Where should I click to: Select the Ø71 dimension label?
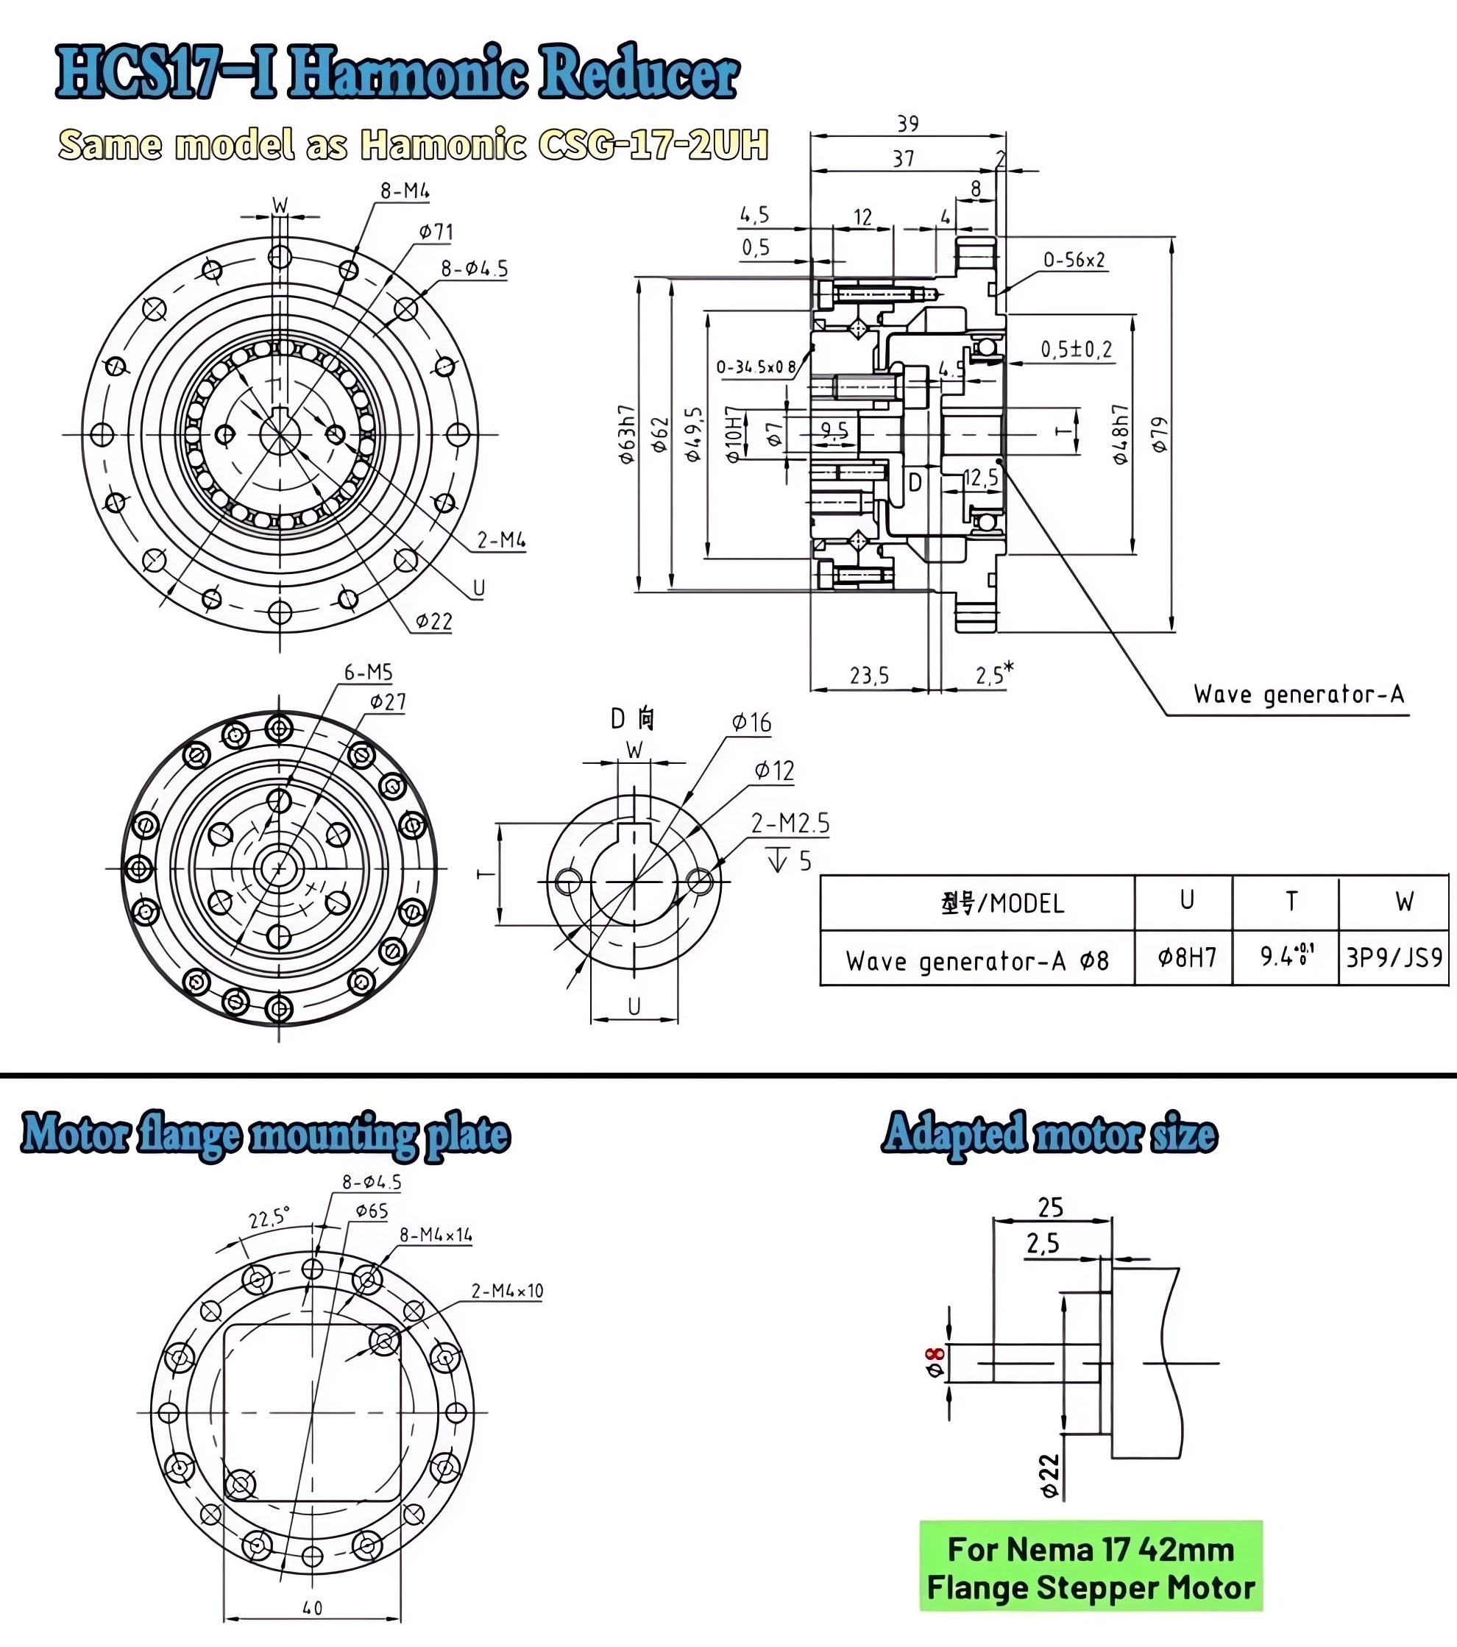point(436,233)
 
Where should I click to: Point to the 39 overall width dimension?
point(908,124)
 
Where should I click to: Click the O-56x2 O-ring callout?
point(1074,261)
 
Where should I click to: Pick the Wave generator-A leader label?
point(1298,695)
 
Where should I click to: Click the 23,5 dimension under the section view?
point(869,676)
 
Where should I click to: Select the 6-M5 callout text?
point(368,672)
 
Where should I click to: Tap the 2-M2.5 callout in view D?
point(790,823)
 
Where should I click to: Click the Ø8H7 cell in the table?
point(1186,957)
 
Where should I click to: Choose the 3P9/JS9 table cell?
point(1394,957)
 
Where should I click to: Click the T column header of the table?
point(1291,901)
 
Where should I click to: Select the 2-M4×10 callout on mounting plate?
point(507,1291)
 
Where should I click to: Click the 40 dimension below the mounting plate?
point(313,1608)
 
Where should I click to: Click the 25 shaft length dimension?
point(1051,1207)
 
